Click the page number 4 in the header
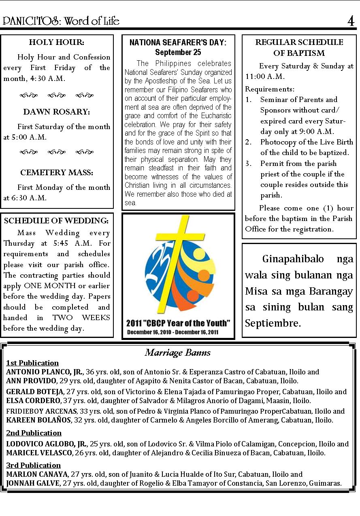point(350,21)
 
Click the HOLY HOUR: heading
point(57,42)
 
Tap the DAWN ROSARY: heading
point(57,112)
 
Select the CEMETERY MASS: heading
point(57,173)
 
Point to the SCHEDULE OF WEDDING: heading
point(56,221)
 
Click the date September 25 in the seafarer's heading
point(178,52)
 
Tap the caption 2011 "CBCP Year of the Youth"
point(178,323)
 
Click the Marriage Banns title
point(178,352)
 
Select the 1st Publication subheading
point(32,363)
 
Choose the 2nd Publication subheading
point(34,433)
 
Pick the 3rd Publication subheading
point(34,465)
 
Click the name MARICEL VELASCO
point(38,453)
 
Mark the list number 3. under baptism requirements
point(249,164)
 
